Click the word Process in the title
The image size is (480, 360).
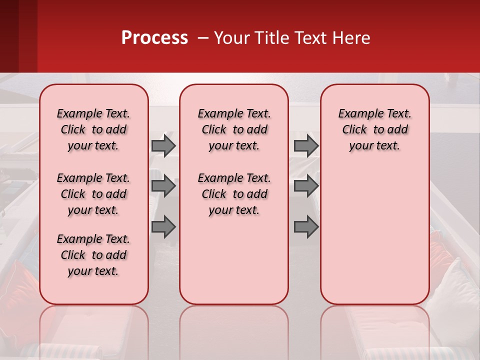[x=154, y=38]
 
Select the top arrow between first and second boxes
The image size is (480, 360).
[x=163, y=145]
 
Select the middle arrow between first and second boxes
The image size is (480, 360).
[x=163, y=186]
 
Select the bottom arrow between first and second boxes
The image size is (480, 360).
[x=163, y=226]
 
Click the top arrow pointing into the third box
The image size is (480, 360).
[x=306, y=145]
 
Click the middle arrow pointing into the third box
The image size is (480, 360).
[x=306, y=186]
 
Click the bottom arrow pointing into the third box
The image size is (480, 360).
[x=306, y=226]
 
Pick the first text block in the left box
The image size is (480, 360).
[x=93, y=129]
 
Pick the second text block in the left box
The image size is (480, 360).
[x=93, y=194]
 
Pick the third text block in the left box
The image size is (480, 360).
[x=93, y=255]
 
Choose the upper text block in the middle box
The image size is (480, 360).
[x=234, y=129]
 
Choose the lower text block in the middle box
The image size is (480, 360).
[x=234, y=194]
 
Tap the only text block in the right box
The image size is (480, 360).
[x=374, y=129]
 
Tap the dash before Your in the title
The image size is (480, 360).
[x=202, y=38]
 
